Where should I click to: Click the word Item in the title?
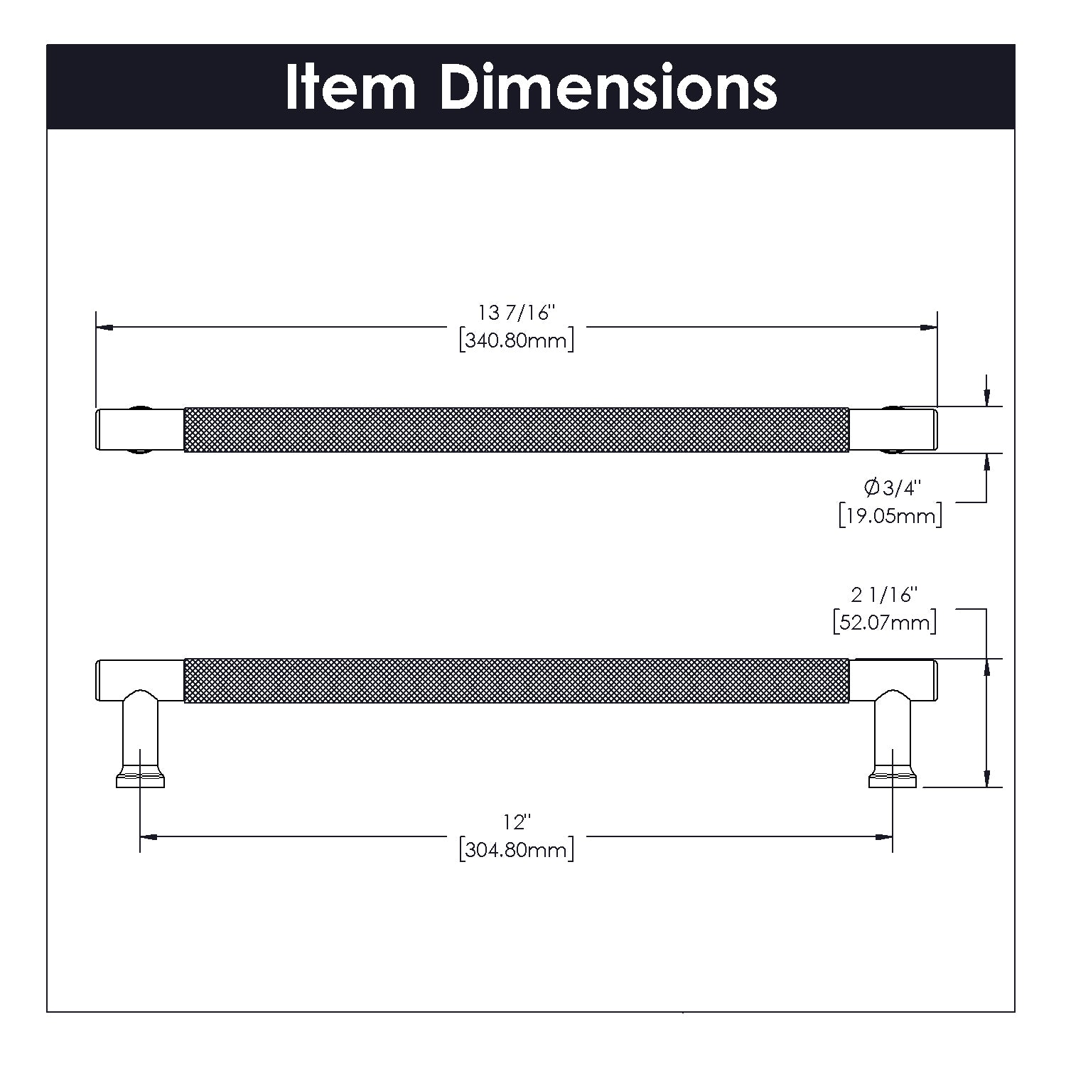(x=350, y=87)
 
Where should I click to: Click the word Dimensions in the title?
(x=608, y=87)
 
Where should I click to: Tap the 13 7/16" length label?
(x=516, y=312)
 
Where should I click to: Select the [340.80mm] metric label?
(x=517, y=340)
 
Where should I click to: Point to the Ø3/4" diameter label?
(x=892, y=488)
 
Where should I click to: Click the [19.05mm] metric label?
(x=890, y=515)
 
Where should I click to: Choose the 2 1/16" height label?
(x=885, y=594)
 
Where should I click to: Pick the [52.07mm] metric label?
(x=885, y=623)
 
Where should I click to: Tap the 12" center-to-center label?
(x=517, y=822)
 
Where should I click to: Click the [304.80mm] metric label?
(x=517, y=849)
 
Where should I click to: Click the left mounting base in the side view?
(x=140, y=778)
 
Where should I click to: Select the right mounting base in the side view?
(x=893, y=778)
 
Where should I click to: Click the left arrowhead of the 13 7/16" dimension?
(x=104, y=328)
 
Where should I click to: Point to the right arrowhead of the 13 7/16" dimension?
(x=928, y=328)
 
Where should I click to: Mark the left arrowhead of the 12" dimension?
(x=149, y=838)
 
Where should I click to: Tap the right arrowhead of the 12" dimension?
(x=884, y=838)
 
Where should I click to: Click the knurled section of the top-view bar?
(x=517, y=429)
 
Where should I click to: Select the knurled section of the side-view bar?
(x=517, y=681)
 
